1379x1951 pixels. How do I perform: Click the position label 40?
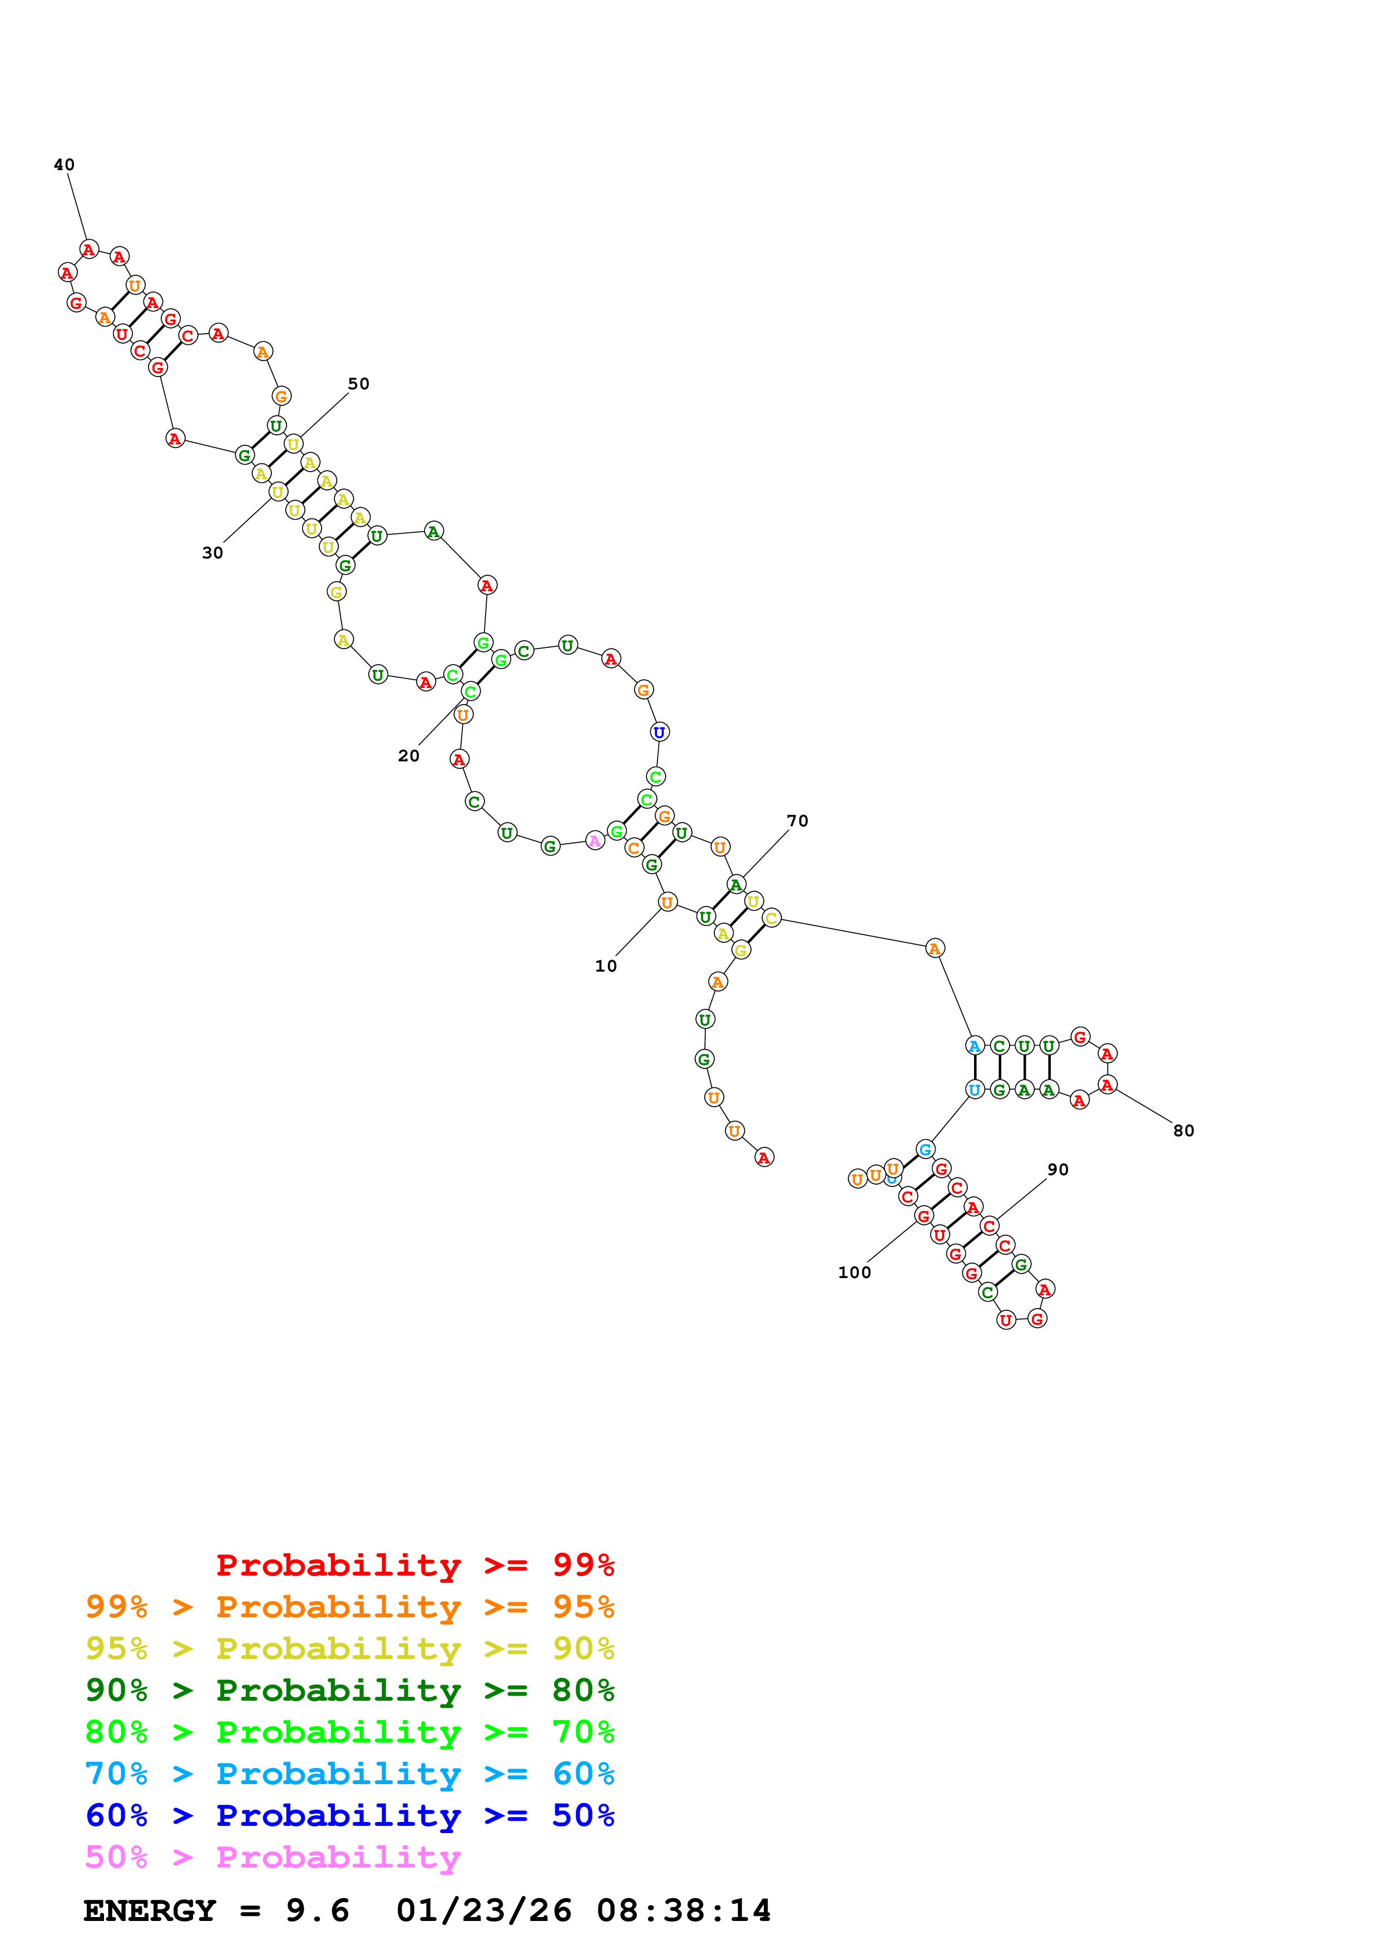point(64,165)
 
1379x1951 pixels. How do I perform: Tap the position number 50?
point(359,384)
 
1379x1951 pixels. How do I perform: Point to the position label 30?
point(212,553)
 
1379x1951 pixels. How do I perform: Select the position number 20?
point(409,756)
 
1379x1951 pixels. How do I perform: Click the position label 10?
point(606,966)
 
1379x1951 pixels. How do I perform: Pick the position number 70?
point(798,821)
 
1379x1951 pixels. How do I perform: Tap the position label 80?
point(1184,1131)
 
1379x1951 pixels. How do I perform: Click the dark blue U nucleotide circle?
point(659,732)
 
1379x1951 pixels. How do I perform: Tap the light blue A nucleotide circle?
point(975,1046)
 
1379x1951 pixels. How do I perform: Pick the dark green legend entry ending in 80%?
point(350,1691)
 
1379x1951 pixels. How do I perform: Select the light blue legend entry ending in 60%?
point(350,1774)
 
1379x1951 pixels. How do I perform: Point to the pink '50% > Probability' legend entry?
point(273,1858)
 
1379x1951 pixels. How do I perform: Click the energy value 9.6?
point(317,1911)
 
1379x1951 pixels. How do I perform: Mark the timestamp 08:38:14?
point(684,1911)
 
